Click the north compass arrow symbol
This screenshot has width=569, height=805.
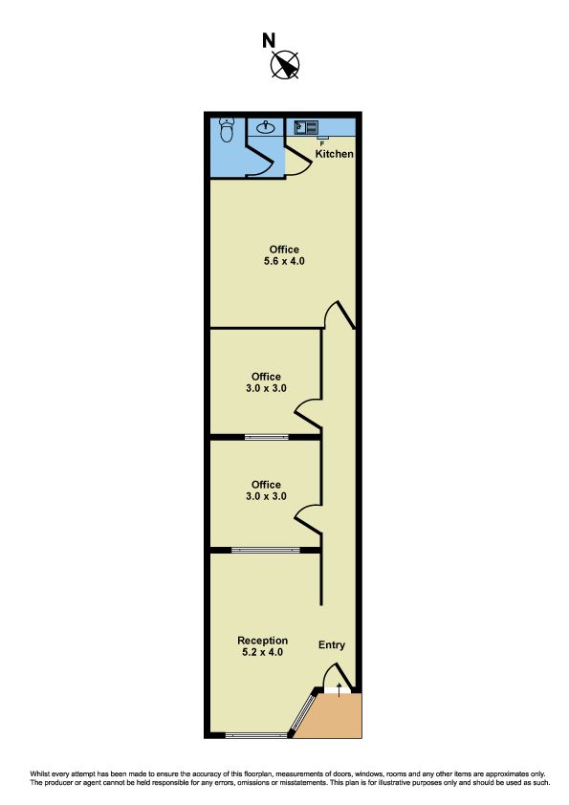(285, 65)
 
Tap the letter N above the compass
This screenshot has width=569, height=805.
(269, 40)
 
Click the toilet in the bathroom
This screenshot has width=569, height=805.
(227, 130)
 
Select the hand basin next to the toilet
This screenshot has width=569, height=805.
(265, 126)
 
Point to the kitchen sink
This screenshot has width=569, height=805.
(306, 127)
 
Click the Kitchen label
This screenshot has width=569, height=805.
(335, 154)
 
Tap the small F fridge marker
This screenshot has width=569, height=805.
(322, 143)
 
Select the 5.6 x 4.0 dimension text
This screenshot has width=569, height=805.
(284, 261)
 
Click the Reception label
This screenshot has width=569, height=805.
(262, 641)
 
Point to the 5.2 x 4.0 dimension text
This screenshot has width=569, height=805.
(262, 653)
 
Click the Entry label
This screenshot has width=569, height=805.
(332, 644)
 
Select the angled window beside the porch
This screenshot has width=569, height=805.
(303, 712)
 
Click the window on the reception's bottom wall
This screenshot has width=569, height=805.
(255, 736)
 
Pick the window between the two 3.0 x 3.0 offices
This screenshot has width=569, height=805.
(267, 438)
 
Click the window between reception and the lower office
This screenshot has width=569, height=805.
(266, 550)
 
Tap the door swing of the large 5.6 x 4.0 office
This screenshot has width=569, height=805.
(339, 315)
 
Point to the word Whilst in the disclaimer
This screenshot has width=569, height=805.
(38, 773)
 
